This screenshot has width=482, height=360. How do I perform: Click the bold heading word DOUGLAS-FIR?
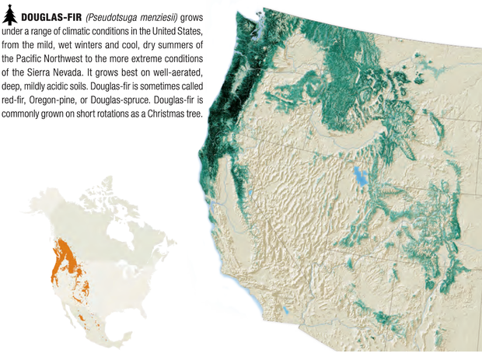coord(47,16)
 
